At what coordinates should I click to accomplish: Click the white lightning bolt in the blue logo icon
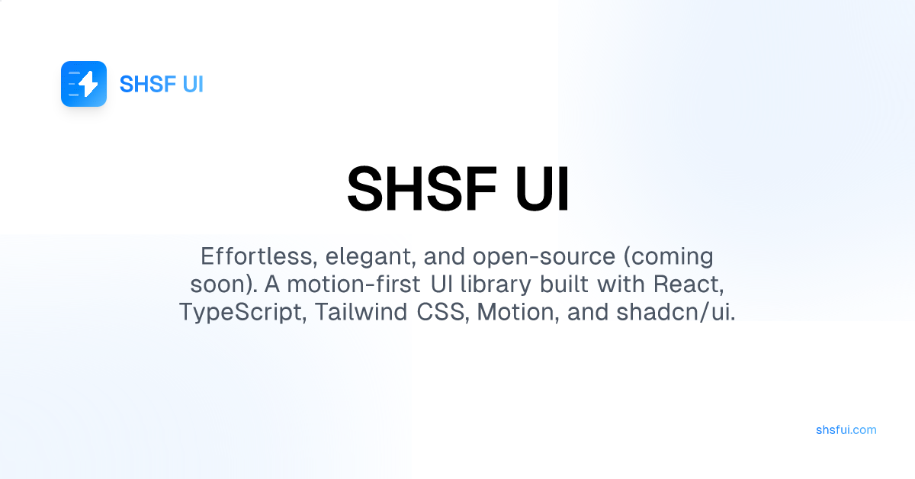88,84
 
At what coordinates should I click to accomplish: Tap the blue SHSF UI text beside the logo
162,84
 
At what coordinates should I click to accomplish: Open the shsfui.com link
846,429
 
